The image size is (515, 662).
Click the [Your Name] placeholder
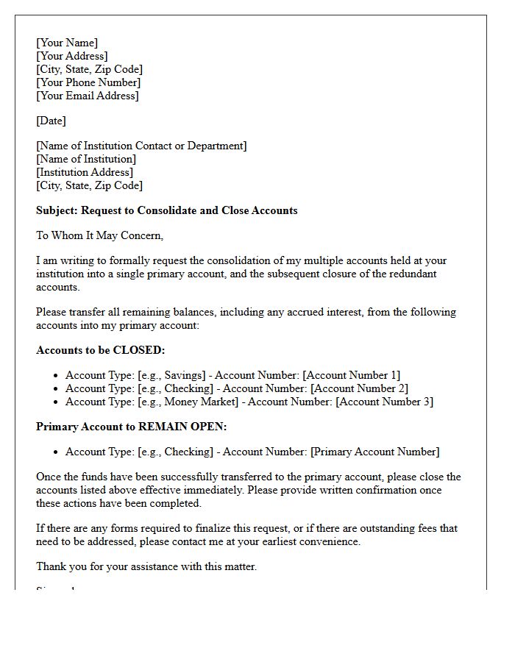click(67, 43)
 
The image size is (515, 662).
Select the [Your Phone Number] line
click(88, 82)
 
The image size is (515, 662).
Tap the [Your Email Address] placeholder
click(88, 96)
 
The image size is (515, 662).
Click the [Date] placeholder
click(51, 121)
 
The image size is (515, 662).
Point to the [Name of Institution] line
click(86, 159)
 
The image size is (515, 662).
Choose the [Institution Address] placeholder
click(85, 172)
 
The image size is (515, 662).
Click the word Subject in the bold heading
click(56, 210)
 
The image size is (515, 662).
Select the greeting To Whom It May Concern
click(99, 235)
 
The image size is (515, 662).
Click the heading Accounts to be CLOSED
click(101, 350)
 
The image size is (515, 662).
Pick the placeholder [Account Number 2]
click(359, 388)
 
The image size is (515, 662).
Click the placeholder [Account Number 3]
click(384, 402)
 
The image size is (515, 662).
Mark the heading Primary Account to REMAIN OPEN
click(132, 427)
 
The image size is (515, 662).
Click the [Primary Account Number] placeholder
click(375, 452)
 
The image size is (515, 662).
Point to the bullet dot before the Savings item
click(55, 376)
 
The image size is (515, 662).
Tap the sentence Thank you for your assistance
click(146, 566)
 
